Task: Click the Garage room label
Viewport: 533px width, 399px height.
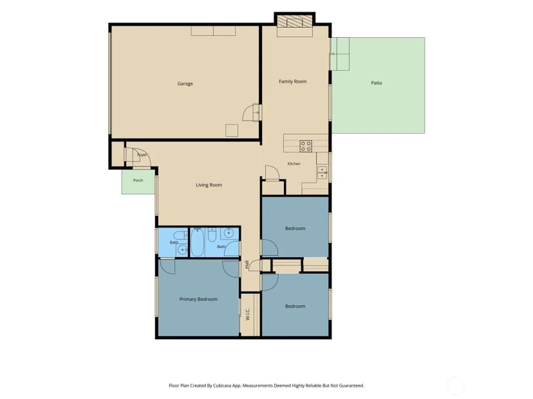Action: click(185, 84)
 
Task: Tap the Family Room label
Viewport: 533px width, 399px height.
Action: click(293, 82)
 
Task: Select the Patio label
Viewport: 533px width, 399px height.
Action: click(377, 83)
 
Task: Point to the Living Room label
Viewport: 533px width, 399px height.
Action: click(209, 185)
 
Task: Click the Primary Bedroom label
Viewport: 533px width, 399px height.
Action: click(198, 299)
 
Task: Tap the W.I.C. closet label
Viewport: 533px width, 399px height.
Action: click(247, 314)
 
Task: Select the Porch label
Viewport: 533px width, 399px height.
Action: click(138, 181)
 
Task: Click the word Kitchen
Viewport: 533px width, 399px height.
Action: click(294, 164)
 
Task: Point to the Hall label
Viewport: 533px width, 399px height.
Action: click(247, 264)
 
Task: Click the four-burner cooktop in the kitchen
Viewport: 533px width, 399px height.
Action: click(306, 146)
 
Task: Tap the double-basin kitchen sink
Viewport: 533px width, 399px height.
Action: click(322, 173)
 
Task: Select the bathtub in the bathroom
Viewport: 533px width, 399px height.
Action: click(197, 242)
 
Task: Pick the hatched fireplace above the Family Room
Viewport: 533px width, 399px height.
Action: click(295, 21)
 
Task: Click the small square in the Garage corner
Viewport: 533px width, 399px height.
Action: click(232, 130)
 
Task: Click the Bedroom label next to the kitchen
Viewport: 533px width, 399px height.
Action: click(295, 228)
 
